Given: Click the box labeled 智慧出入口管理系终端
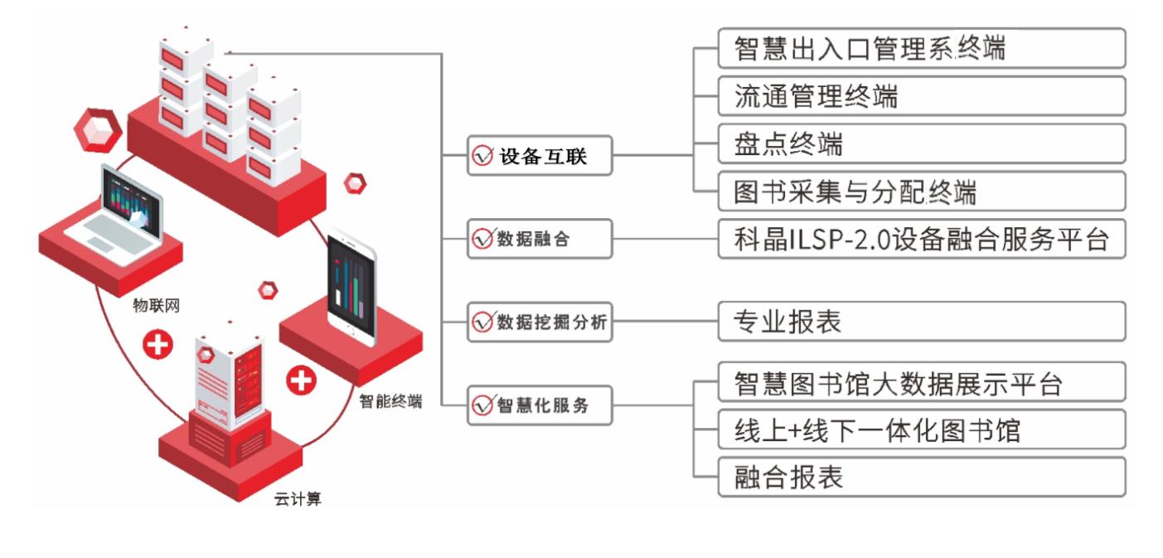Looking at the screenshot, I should coord(921,48).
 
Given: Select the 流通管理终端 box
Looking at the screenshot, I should coord(921,96).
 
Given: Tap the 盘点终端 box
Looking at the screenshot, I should coord(921,143).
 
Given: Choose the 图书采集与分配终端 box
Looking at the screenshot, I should coord(921,192).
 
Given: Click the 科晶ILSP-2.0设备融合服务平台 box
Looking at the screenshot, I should coord(921,240).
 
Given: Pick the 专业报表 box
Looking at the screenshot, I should coord(921,321).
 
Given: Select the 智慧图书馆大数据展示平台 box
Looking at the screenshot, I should coord(921,382).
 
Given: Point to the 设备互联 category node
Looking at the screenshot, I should coord(540,156).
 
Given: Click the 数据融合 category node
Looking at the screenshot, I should coord(540,239).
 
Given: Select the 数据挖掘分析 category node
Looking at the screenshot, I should coord(540,322).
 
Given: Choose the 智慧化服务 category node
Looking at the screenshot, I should coord(540,405).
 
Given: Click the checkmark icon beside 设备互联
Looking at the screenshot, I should coord(482,156).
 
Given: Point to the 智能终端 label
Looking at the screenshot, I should coord(390,402).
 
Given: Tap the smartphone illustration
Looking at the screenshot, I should coord(351,286).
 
